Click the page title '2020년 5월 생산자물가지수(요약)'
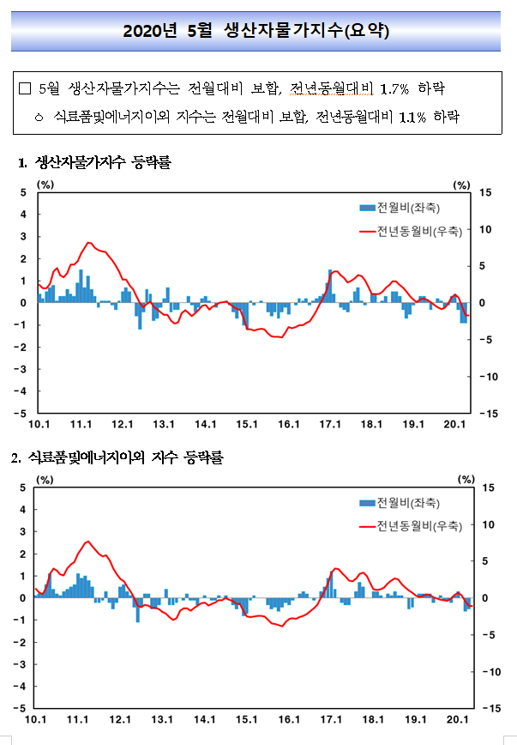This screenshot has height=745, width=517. click(255, 31)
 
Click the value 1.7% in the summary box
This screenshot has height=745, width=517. click(394, 89)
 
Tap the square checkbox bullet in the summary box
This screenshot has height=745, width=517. click(25, 89)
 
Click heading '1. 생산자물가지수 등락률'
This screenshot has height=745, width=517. click(94, 162)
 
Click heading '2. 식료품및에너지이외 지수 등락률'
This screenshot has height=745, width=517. click(117, 457)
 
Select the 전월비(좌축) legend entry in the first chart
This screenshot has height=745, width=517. click(400, 208)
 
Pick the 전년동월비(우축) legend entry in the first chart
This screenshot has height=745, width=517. click(411, 232)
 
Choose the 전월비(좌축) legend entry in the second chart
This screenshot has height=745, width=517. click(400, 503)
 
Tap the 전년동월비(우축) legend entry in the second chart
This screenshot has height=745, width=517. click(411, 526)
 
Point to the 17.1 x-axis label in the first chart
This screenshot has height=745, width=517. click(330, 424)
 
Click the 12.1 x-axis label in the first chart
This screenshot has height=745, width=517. click(122, 424)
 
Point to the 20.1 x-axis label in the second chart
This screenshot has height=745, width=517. click(457, 719)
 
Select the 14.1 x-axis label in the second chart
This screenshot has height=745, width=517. click(204, 719)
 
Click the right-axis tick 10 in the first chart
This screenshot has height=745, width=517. click(485, 229)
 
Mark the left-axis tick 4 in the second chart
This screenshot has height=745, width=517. click(23, 509)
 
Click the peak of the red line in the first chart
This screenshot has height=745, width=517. click(88, 243)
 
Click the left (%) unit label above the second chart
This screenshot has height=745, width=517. click(45, 480)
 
